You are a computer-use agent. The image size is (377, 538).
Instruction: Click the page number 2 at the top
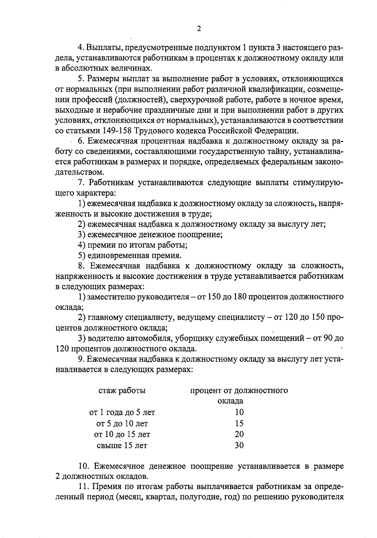(198, 29)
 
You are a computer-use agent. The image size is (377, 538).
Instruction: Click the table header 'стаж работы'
(122, 390)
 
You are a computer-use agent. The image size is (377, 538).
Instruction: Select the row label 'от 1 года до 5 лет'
(122, 412)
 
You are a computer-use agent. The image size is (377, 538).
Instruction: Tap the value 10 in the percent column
(239, 412)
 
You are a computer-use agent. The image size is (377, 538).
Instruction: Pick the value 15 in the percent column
(239, 423)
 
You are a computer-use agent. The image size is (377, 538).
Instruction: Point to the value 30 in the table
(239, 445)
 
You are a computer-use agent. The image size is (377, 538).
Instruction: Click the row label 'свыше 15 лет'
(122, 445)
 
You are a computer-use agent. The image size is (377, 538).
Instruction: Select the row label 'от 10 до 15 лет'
(122, 434)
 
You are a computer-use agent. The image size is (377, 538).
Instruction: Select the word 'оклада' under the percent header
(230, 401)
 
